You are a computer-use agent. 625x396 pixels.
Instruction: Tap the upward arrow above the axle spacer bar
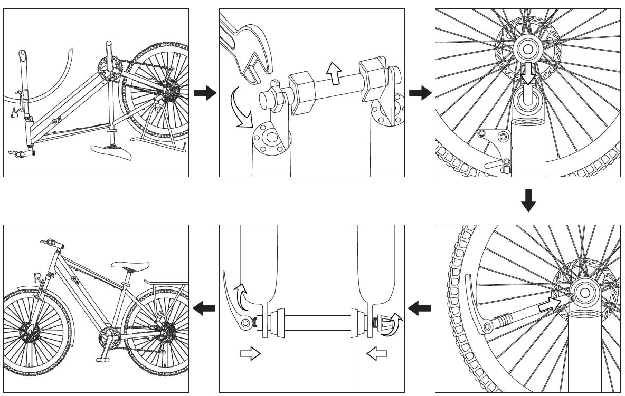pos(333,72)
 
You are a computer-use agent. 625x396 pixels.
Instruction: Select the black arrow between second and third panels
pos(420,93)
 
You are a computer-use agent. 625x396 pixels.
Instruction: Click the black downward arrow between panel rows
pos(528,200)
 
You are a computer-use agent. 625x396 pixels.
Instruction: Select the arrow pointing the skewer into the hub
pos(550,303)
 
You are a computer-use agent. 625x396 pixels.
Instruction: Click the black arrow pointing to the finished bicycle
pos(204,308)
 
